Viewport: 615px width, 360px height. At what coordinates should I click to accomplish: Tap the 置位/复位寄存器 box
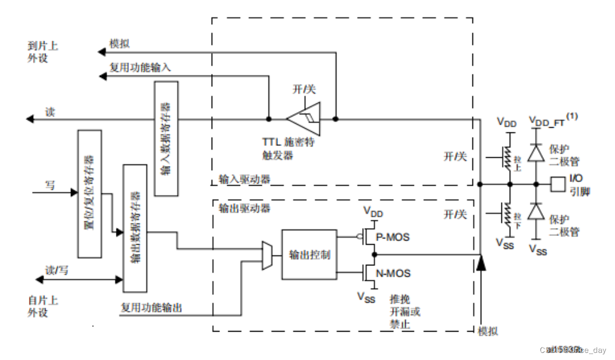90,194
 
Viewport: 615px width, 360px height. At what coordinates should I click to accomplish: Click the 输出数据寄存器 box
135,228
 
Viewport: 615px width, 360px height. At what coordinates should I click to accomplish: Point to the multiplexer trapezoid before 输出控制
267,255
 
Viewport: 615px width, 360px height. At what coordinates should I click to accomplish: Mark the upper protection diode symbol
536,153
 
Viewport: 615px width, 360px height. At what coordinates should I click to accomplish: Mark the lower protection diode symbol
536,212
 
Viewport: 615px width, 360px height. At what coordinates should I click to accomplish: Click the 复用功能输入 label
140,67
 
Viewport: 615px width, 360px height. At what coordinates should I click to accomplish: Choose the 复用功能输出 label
151,308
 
